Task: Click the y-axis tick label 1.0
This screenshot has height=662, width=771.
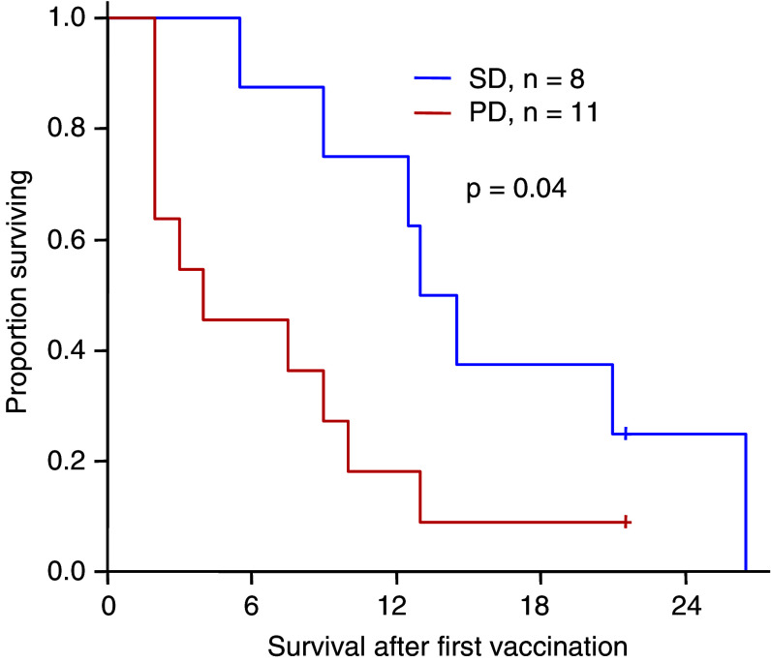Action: tap(72, 18)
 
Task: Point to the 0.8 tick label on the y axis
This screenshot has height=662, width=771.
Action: tap(72, 129)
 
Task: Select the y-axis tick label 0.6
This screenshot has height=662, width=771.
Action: tap(72, 240)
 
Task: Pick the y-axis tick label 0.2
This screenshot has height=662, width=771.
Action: tap(72, 462)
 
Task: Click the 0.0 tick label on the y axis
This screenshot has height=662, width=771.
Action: tap(72, 572)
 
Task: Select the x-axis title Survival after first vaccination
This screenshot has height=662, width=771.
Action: tap(438, 644)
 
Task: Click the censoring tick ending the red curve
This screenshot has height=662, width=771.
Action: tap(627, 522)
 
